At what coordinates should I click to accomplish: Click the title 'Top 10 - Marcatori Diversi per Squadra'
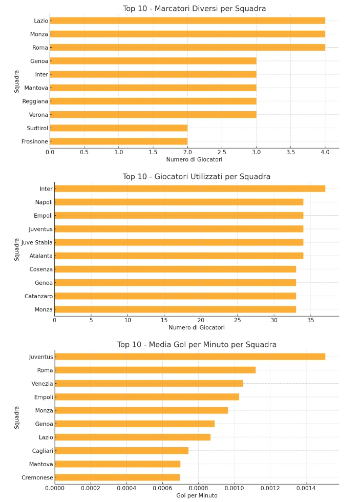point(194,8)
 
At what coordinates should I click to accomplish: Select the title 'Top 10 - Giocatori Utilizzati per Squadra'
point(196,177)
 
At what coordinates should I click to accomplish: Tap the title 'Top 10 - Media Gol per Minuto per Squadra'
point(197,345)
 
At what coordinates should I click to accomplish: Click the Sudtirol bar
point(119,128)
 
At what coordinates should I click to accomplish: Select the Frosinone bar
point(119,141)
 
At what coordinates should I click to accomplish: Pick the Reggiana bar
point(153,101)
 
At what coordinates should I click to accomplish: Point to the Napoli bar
point(179,202)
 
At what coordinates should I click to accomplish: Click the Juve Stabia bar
point(179,242)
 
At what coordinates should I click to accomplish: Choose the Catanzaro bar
point(175,296)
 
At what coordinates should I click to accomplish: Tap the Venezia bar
point(149,383)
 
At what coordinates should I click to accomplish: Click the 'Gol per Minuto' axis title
point(197,495)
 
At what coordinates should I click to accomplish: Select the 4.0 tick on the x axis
point(325,152)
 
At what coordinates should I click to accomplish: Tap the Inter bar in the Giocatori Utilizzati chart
point(189,189)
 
